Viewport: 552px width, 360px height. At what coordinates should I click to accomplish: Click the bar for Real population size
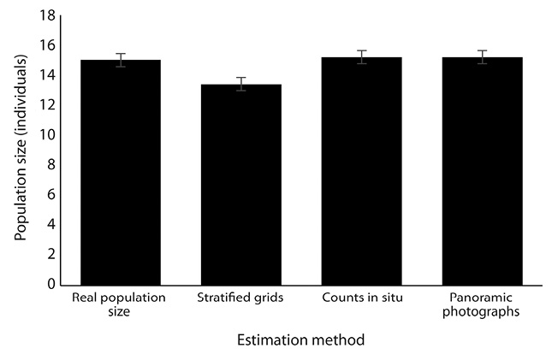point(121,172)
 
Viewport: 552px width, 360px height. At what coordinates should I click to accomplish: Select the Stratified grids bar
point(241,184)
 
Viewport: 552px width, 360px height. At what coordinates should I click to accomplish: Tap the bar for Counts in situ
point(362,170)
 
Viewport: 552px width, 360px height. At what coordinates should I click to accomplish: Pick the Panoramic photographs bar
point(483,170)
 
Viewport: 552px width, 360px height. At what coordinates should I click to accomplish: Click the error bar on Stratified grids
point(241,84)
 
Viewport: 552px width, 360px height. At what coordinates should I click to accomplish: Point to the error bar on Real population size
point(121,60)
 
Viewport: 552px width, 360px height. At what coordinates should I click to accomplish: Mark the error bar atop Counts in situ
point(362,56)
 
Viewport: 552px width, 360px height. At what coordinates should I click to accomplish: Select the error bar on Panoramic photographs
point(483,56)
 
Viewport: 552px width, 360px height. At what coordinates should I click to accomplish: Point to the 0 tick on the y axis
point(52,284)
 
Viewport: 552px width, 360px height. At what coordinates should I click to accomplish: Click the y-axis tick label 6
point(52,195)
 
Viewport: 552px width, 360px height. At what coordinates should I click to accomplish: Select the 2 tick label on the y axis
point(52,254)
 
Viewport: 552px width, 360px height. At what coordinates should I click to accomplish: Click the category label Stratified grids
point(241,298)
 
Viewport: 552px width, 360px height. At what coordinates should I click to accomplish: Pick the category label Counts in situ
point(362,298)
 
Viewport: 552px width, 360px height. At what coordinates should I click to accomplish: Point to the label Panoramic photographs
point(483,304)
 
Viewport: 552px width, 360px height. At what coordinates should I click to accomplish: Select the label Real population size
point(121,304)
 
